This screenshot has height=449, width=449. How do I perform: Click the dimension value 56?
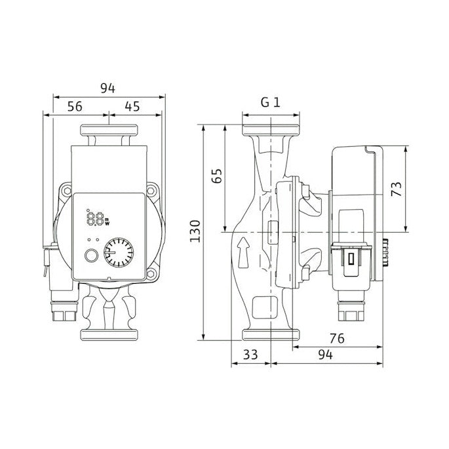tap(75, 107)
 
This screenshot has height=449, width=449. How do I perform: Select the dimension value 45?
tap(132, 107)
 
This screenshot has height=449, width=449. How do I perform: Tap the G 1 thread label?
tap(270, 102)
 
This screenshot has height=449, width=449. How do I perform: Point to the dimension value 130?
tap(195, 231)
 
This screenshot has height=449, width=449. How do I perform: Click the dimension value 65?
tap(217, 176)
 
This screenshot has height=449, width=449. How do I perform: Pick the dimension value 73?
tap(397, 189)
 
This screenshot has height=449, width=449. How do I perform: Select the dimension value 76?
tap(337, 338)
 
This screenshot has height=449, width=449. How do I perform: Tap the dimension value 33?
tap(250, 355)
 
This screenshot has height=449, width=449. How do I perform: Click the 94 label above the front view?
tap(107, 88)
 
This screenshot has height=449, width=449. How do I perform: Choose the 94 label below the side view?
tap(326, 355)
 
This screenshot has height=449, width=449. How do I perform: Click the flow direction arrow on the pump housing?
tap(243, 252)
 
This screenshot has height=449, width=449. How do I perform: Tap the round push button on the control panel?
tap(91, 256)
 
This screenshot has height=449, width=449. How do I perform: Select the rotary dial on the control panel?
tap(119, 252)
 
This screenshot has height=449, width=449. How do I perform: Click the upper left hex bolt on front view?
tap(68, 190)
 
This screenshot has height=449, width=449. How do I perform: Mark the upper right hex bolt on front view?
tap(151, 189)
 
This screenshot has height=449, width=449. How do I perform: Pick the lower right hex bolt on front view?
tap(151, 274)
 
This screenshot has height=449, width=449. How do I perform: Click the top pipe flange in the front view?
tap(109, 130)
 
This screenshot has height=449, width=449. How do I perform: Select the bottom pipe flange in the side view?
tap(271, 335)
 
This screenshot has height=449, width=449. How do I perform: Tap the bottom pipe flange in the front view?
tap(109, 335)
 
